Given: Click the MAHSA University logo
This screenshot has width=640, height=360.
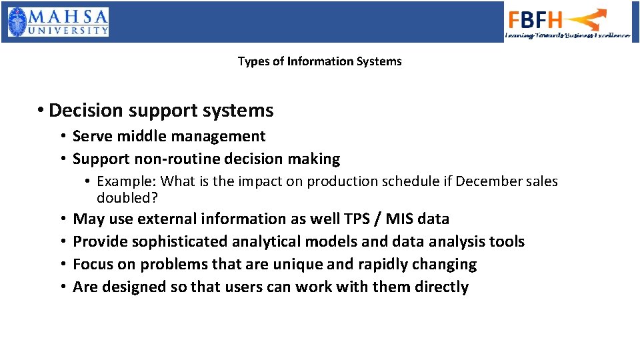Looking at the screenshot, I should click(58, 21).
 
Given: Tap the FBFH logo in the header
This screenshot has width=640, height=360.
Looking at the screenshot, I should click(567, 23).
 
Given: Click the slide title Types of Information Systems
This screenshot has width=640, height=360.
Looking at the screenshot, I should click(319, 61).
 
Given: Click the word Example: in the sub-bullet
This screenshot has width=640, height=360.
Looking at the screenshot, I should click(126, 181).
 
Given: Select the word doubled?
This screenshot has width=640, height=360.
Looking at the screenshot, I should click(127, 198).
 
